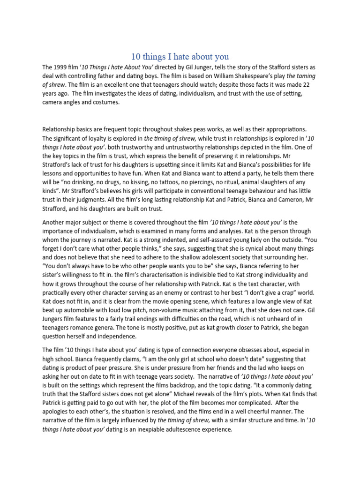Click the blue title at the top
tap(180, 57)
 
